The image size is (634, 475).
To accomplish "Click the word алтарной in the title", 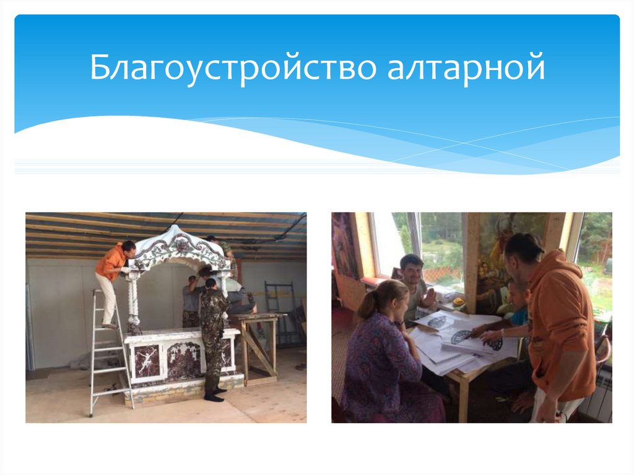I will click(466, 68).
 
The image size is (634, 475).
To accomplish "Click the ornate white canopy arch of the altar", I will click(180, 248).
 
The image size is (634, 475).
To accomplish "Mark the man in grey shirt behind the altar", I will click(191, 300).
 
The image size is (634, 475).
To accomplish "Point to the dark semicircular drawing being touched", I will click(461, 336).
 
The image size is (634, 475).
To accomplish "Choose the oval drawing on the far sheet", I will click(437, 321).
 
